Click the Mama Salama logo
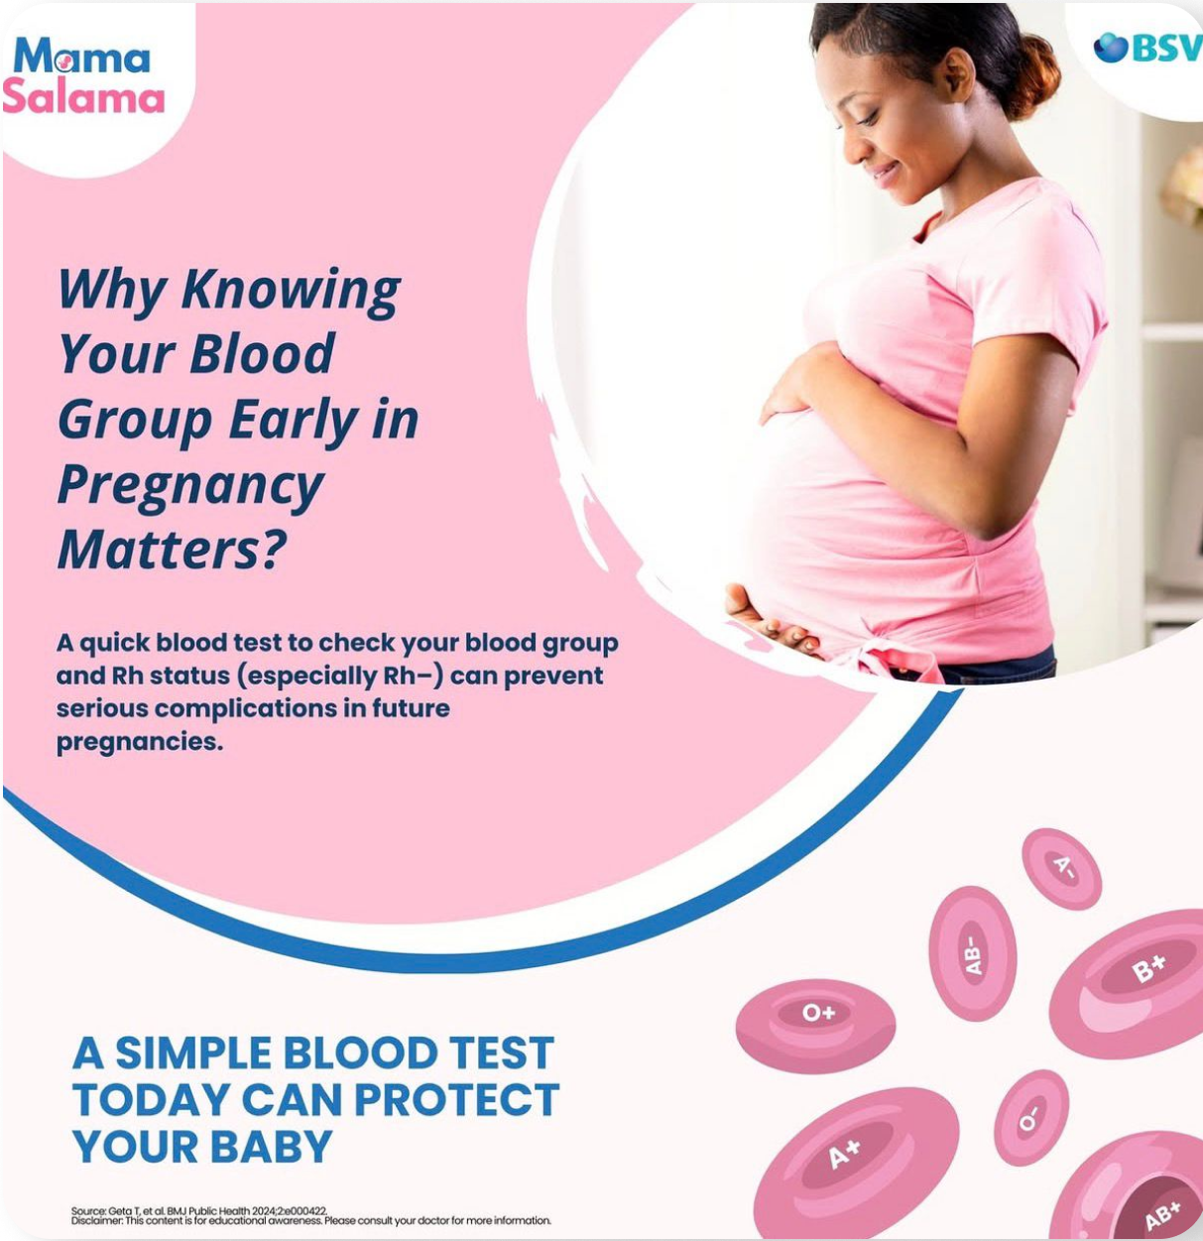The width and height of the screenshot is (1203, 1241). click(83, 75)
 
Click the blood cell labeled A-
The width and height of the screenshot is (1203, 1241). click(1061, 869)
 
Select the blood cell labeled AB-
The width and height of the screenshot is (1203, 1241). click(972, 953)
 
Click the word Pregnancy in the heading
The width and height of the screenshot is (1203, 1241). click(190, 485)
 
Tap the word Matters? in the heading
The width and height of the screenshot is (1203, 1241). click(172, 551)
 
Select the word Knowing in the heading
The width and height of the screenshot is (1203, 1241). click(291, 291)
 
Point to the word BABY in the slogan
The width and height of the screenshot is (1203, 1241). click(271, 1147)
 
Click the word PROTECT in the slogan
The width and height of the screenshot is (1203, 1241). click(456, 1099)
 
